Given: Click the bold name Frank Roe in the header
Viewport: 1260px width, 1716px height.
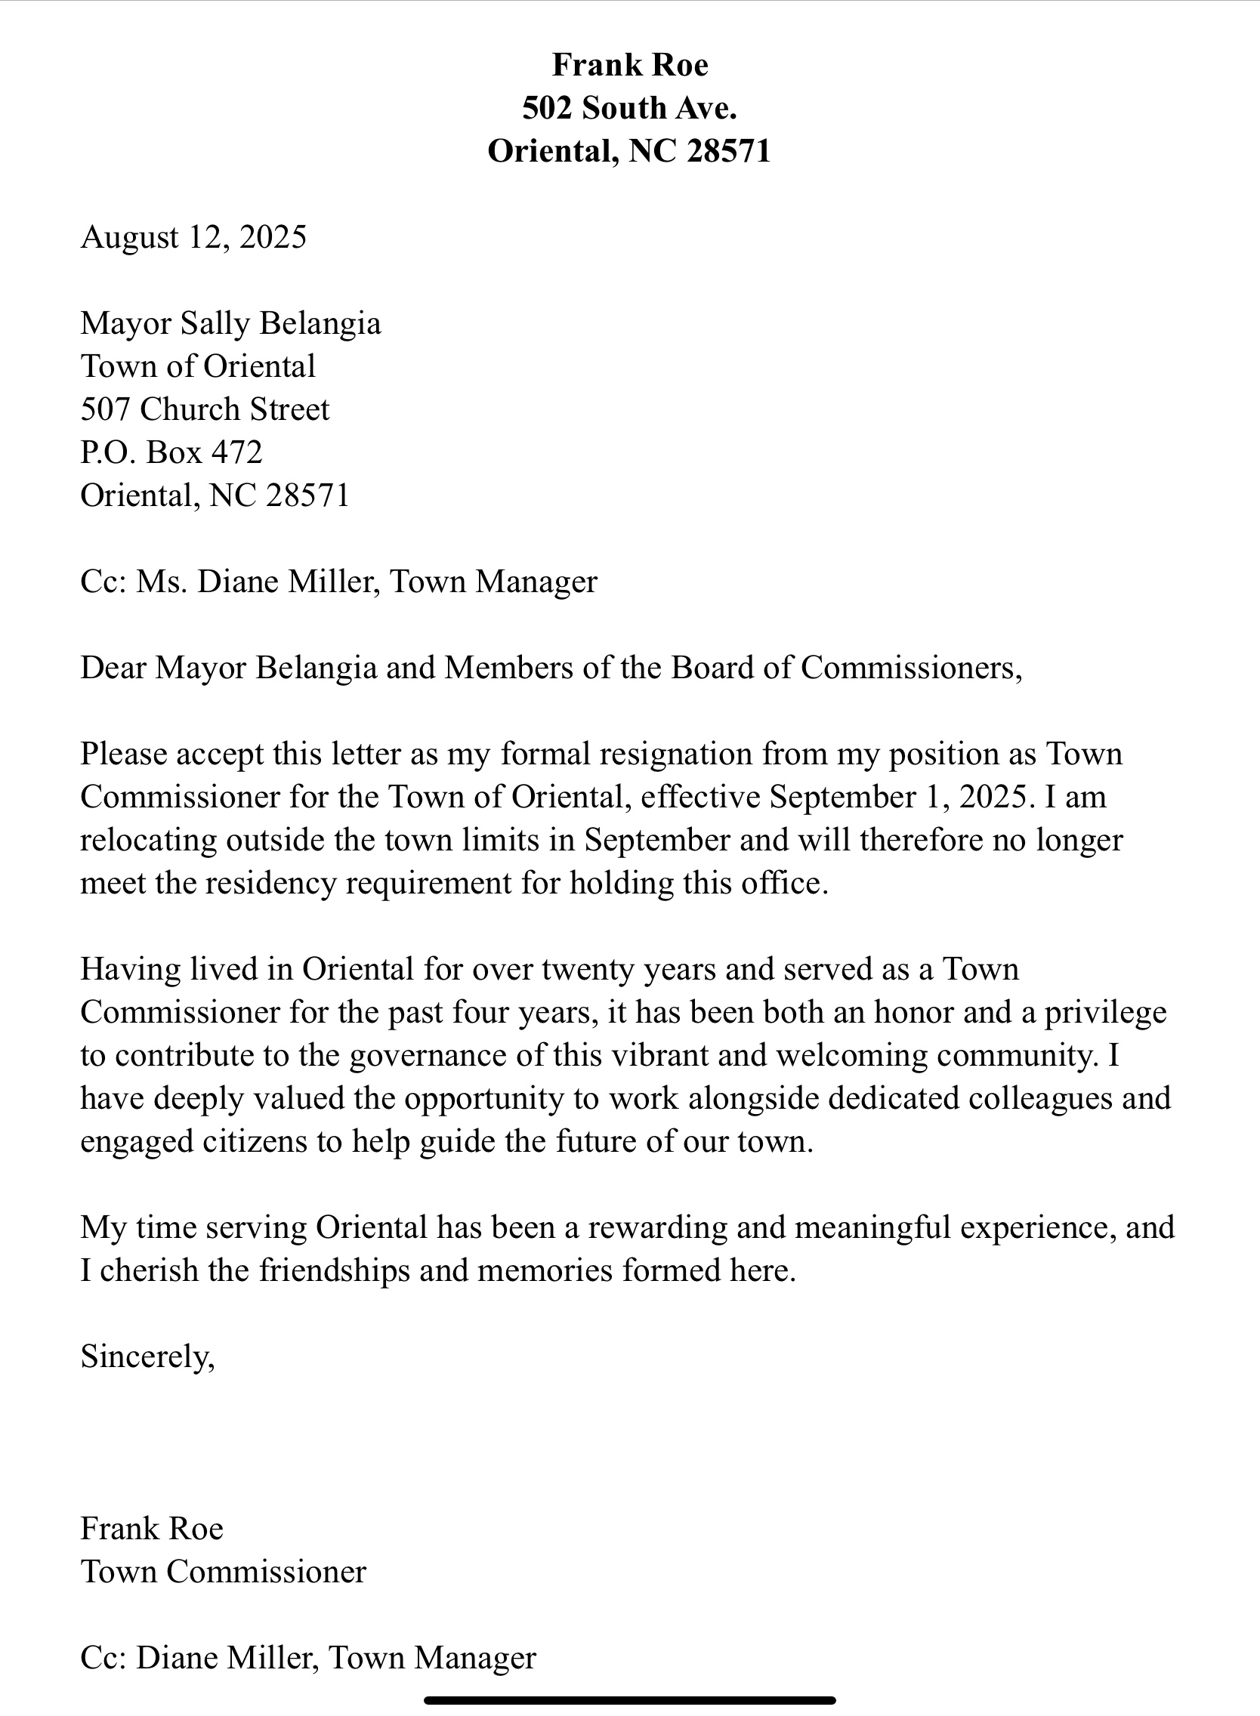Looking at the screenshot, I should pos(630,66).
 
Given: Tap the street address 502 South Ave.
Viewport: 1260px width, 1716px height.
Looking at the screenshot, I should pos(630,108).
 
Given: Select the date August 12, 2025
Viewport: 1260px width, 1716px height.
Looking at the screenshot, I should pos(193,237).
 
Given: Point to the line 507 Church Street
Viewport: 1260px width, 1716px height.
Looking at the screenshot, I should pos(205,409).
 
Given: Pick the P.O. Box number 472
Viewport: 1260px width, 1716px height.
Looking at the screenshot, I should pos(237,452).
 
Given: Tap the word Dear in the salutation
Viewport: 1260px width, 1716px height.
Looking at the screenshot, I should pos(113,668).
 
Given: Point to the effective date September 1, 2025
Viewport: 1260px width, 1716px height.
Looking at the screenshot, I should pos(900,797).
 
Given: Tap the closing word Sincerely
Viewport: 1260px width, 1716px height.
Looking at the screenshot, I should pos(147,1357).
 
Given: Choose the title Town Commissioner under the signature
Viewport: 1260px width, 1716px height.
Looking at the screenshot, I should pos(224,1572).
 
